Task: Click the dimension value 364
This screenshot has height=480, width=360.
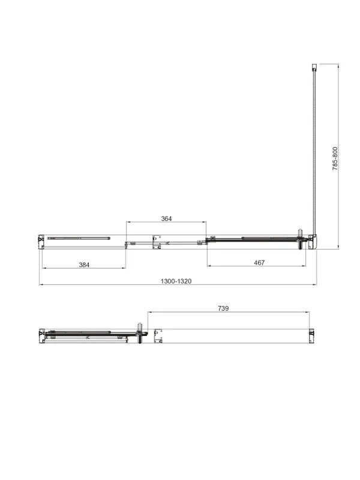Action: click(166, 218)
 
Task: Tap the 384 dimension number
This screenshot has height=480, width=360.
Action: click(84, 265)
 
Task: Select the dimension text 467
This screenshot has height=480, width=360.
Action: click(259, 263)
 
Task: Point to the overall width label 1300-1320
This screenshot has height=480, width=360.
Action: click(176, 281)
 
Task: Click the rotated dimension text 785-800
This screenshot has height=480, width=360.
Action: click(335, 158)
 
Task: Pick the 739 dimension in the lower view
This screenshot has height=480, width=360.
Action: click(223, 308)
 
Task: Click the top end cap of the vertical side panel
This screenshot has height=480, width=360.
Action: click(314, 67)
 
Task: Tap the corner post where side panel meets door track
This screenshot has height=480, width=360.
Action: click(313, 242)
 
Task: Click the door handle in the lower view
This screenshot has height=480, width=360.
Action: click(140, 333)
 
